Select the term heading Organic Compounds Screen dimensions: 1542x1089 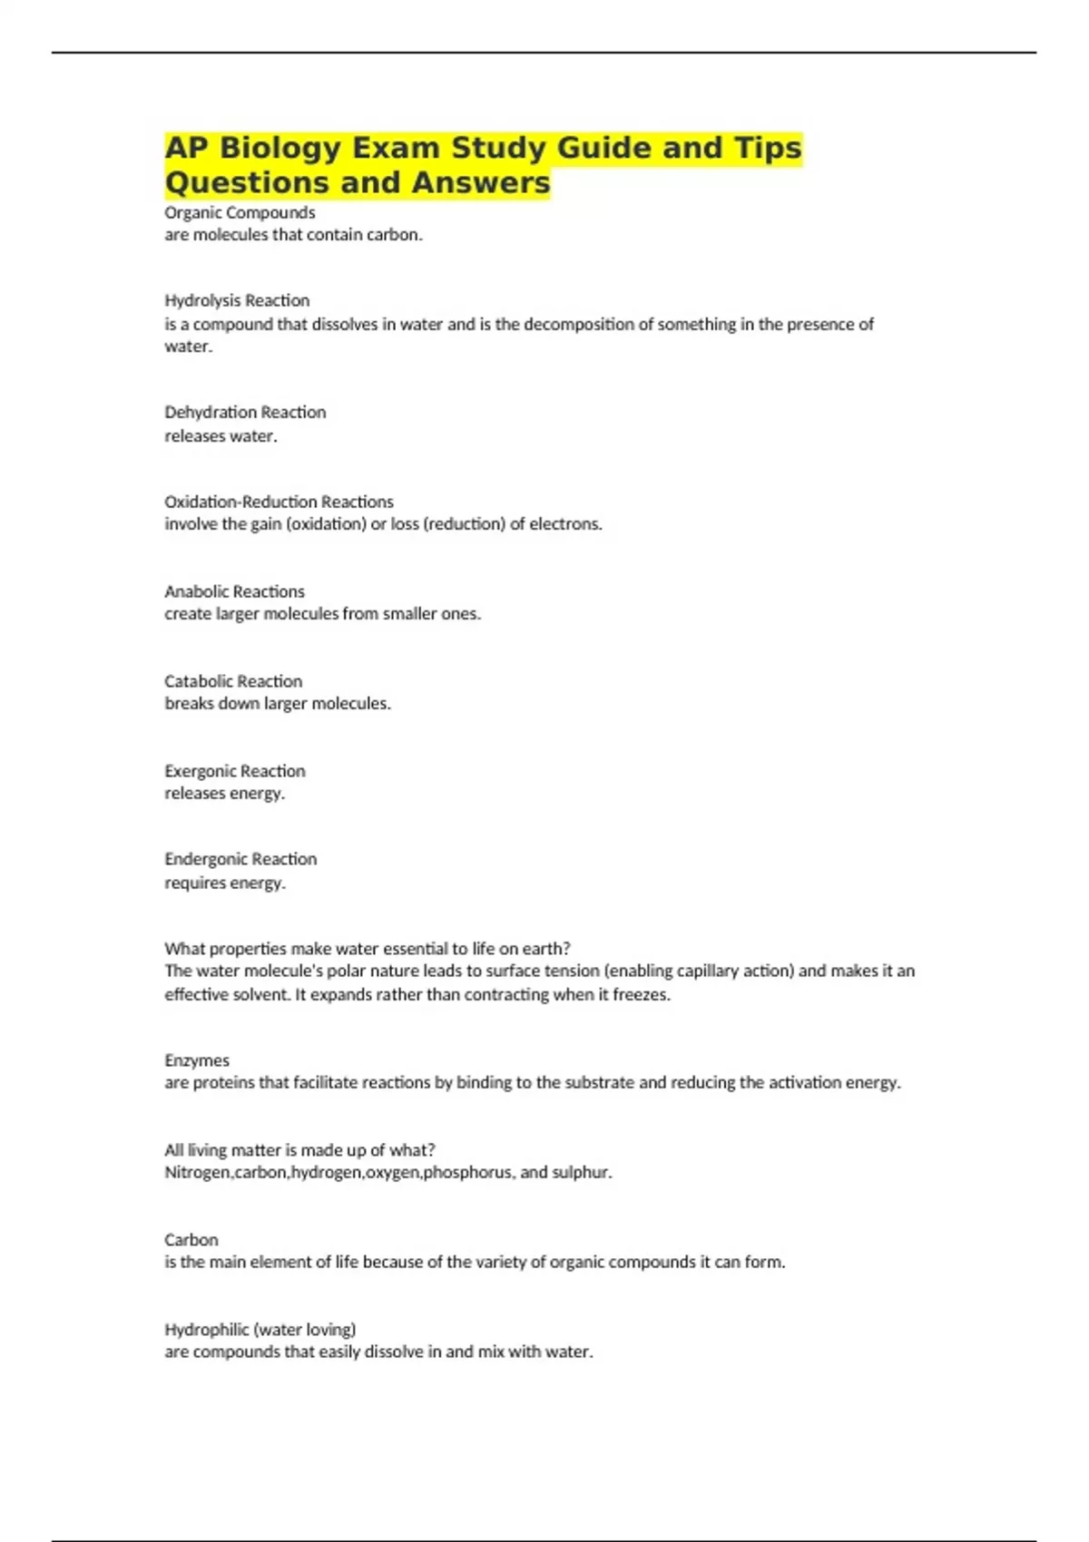click(x=240, y=212)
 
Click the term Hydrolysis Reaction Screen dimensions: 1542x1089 click(x=237, y=300)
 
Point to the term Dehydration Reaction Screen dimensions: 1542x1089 click(x=245, y=412)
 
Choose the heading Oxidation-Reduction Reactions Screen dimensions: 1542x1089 click(x=279, y=502)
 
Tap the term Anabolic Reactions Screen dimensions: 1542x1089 click(x=234, y=591)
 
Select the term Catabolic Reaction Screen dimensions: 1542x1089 click(x=233, y=681)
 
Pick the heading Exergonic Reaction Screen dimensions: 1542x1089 click(x=235, y=771)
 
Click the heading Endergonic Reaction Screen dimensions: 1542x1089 click(x=240, y=859)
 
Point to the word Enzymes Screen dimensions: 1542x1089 click(x=197, y=1060)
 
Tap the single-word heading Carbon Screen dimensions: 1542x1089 click(x=191, y=1240)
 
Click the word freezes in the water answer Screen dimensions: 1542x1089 click(x=641, y=994)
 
